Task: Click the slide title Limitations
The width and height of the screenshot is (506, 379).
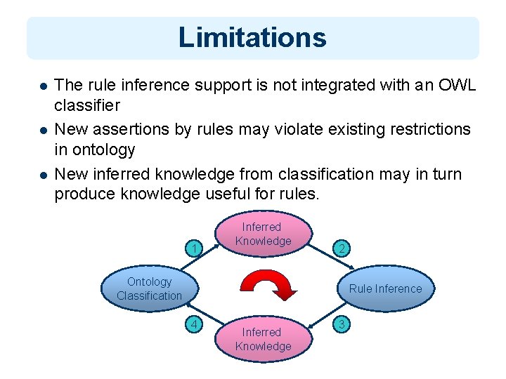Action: (252, 37)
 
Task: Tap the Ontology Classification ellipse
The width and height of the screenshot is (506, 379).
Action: (149, 288)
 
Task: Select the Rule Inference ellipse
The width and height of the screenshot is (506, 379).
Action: (385, 288)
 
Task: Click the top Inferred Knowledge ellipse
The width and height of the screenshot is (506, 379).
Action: (263, 234)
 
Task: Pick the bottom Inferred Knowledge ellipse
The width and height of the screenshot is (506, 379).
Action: (263, 339)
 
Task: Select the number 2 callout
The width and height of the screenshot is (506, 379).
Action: (340, 248)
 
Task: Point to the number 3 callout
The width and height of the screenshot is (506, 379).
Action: (340, 324)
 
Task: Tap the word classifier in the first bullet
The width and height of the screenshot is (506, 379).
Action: (87, 106)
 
